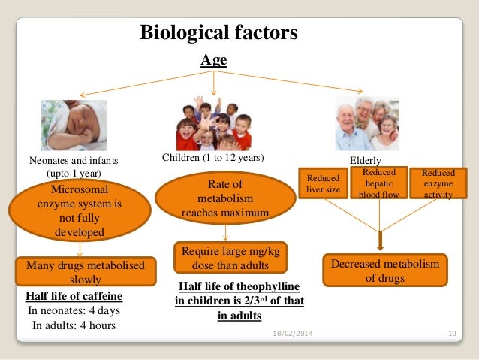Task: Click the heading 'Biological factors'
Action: (x=219, y=34)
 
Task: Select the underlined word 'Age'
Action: (x=213, y=60)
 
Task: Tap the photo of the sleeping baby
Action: (x=74, y=126)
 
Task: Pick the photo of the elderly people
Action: (x=366, y=123)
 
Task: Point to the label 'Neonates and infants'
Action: (x=74, y=161)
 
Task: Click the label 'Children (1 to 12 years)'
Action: (x=215, y=159)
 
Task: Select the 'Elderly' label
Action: (x=366, y=161)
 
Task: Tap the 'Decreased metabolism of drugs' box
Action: (x=385, y=271)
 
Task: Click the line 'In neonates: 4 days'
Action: (x=74, y=310)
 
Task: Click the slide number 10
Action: (x=452, y=332)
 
